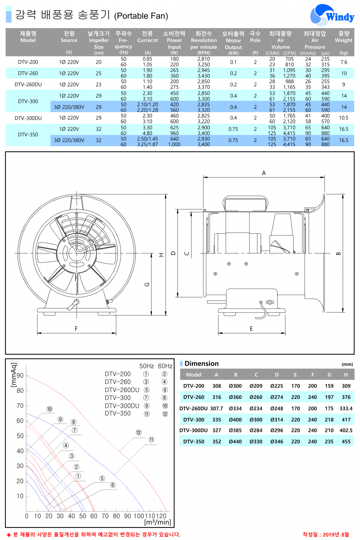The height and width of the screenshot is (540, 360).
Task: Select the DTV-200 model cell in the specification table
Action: (x=28, y=62)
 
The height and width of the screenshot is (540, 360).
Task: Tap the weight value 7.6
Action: (x=344, y=62)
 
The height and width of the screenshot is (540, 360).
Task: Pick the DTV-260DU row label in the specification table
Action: (x=28, y=85)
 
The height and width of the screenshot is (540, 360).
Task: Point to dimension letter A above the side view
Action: (x=264, y=173)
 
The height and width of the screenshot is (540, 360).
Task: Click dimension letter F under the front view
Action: (x=76, y=329)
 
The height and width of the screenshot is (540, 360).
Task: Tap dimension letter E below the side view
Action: (x=251, y=329)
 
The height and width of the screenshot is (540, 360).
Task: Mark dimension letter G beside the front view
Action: (x=147, y=284)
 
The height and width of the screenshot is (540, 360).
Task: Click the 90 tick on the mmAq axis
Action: (x=20, y=375)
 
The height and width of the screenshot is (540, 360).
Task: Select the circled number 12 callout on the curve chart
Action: (x=139, y=432)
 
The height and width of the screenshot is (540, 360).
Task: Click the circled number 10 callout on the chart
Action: (x=49, y=409)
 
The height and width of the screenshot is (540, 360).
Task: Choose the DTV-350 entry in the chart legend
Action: (x=118, y=414)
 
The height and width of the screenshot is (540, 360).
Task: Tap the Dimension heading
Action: (x=202, y=364)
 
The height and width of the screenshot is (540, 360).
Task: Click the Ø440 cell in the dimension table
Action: (x=235, y=441)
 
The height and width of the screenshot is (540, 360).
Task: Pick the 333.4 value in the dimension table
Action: (x=346, y=409)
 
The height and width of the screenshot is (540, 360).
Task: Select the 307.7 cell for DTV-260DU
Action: (x=217, y=409)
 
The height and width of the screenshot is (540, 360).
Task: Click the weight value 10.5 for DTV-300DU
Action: (x=344, y=118)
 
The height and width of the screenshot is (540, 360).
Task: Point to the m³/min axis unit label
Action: (x=158, y=522)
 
